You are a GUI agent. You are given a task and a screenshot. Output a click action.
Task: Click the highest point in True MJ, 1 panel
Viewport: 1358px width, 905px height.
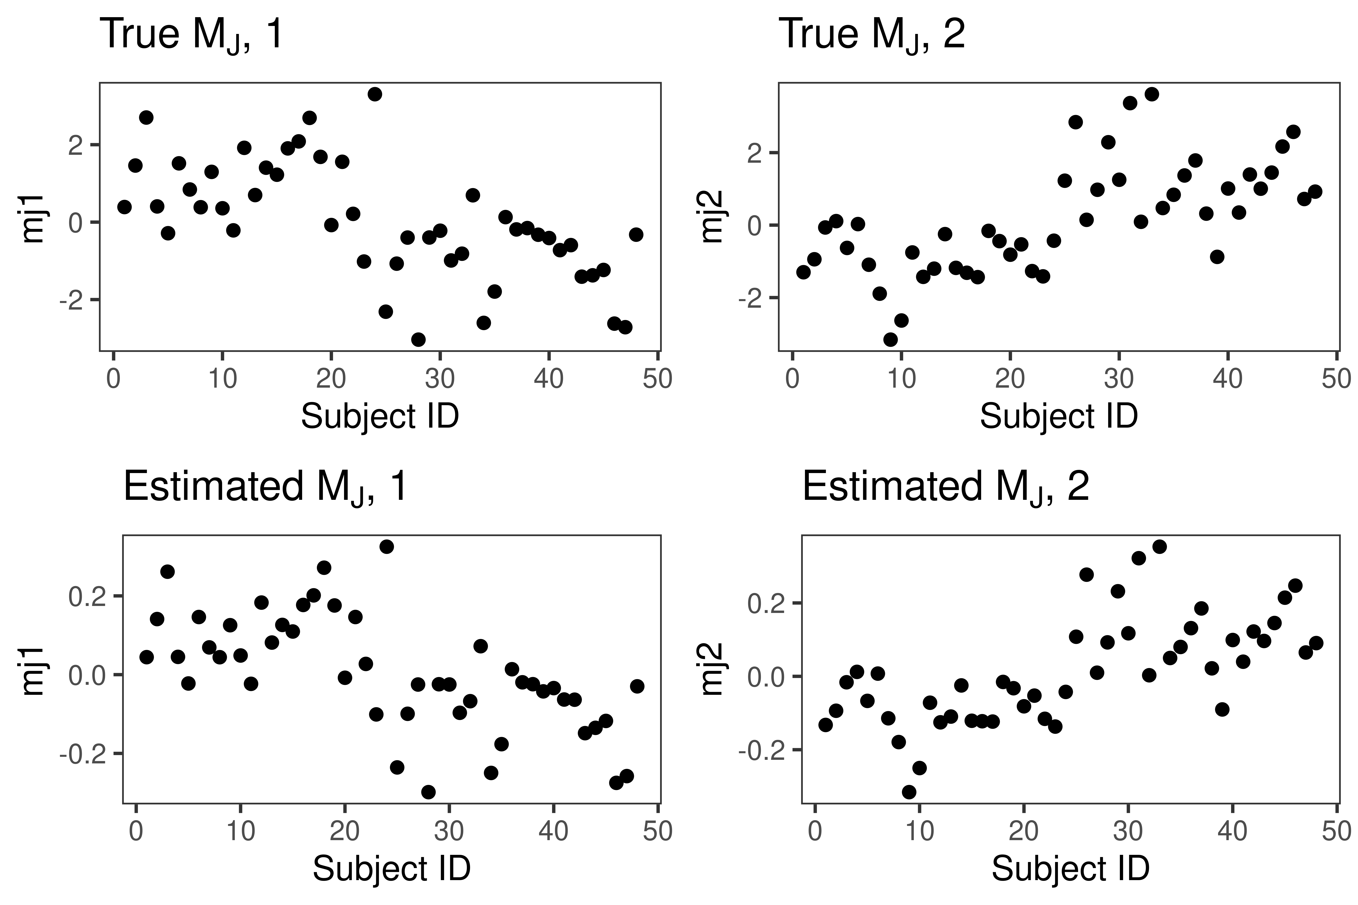tap(375, 94)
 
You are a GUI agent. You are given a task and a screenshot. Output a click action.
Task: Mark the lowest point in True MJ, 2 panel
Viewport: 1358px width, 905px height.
tap(890, 339)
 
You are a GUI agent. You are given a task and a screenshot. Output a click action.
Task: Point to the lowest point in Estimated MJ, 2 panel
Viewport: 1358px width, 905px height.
tap(909, 792)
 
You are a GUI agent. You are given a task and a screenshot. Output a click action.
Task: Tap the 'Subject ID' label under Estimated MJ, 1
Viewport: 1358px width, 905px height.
tap(392, 869)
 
